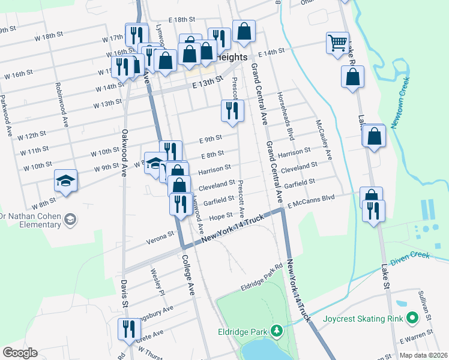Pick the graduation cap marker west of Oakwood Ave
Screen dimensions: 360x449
pyautogui.click(x=66, y=181)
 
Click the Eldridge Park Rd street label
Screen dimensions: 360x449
pyautogui.click(x=261, y=278)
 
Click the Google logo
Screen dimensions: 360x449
pyautogui.click(x=20, y=352)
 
